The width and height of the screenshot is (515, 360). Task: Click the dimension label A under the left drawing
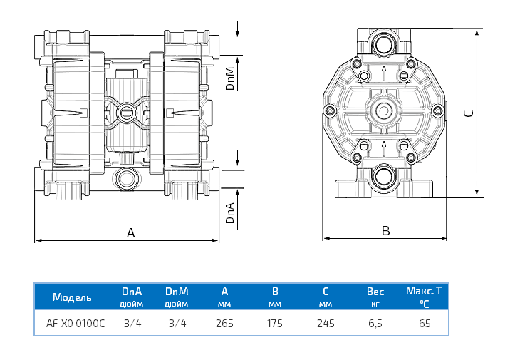click(130, 232)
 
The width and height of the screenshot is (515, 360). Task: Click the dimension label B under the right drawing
click(385, 230)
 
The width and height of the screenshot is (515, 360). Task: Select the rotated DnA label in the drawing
click(230, 212)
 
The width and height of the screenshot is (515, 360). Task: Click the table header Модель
click(72, 297)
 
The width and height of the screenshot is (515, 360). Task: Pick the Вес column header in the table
click(375, 292)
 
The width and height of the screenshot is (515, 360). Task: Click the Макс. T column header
click(424, 291)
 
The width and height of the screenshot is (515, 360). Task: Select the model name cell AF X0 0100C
click(76, 323)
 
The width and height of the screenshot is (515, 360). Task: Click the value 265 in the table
click(224, 323)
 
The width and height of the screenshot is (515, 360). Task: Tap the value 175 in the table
click(274, 323)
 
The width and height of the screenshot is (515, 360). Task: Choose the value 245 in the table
click(325, 323)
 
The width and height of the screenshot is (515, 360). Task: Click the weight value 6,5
click(375, 323)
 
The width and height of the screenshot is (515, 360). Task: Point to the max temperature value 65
click(425, 323)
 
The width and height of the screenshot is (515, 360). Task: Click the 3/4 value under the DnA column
click(132, 323)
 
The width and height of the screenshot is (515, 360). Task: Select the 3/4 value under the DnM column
click(177, 323)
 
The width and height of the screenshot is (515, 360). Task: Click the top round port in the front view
click(385, 42)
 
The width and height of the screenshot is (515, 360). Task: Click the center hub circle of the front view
click(385, 111)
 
